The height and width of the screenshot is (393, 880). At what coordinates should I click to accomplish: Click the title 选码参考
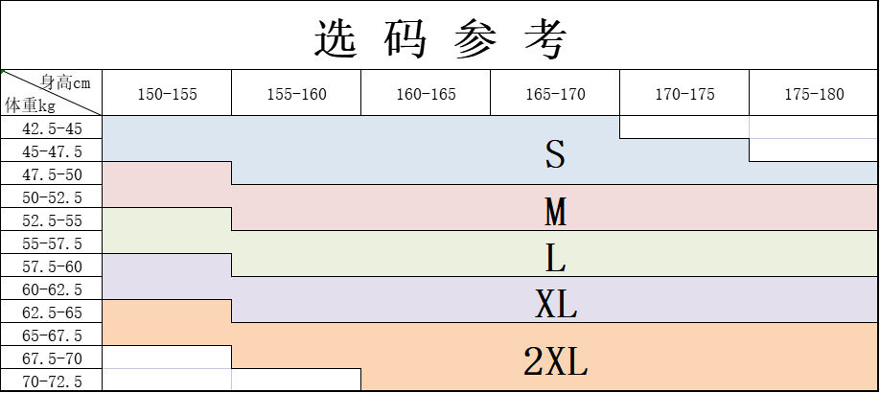click(x=440, y=37)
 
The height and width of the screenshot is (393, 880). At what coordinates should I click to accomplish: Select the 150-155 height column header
click(x=167, y=94)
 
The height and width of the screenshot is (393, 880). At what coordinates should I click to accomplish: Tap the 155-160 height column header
click(x=296, y=94)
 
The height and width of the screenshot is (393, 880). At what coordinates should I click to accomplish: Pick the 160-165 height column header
click(x=426, y=94)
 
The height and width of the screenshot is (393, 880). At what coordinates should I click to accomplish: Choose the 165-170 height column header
click(x=555, y=94)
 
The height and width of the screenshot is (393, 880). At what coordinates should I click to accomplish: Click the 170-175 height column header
click(x=684, y=94)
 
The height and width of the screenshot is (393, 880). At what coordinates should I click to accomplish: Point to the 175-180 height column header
click(x=814, y=94)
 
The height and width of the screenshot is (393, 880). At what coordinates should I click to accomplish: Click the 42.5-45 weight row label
click(x=52, y=128)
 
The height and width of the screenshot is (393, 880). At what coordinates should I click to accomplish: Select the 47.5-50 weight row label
click(x=52, y=174)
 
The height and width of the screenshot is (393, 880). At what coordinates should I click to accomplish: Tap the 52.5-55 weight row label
click(x=52, y=220)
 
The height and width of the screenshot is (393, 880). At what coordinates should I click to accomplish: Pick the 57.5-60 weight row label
click(x=52, y=266)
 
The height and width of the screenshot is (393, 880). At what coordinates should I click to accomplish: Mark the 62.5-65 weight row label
click(x=52, y=312)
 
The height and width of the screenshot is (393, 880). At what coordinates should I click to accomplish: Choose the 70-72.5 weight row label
click(x=52, y=381)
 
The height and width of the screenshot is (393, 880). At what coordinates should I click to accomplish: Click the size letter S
click(x=555, y=154)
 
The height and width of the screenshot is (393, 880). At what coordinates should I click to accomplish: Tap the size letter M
click(x=555, y=212)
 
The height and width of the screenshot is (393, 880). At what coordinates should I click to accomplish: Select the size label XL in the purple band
click(x=555, y=305)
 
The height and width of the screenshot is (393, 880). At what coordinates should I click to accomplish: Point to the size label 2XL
click(x=555, y=362)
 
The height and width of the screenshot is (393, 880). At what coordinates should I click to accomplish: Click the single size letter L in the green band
click(x=555, y=258)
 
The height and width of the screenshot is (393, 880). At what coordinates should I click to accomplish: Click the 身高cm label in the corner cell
click(x=65, y=82)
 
